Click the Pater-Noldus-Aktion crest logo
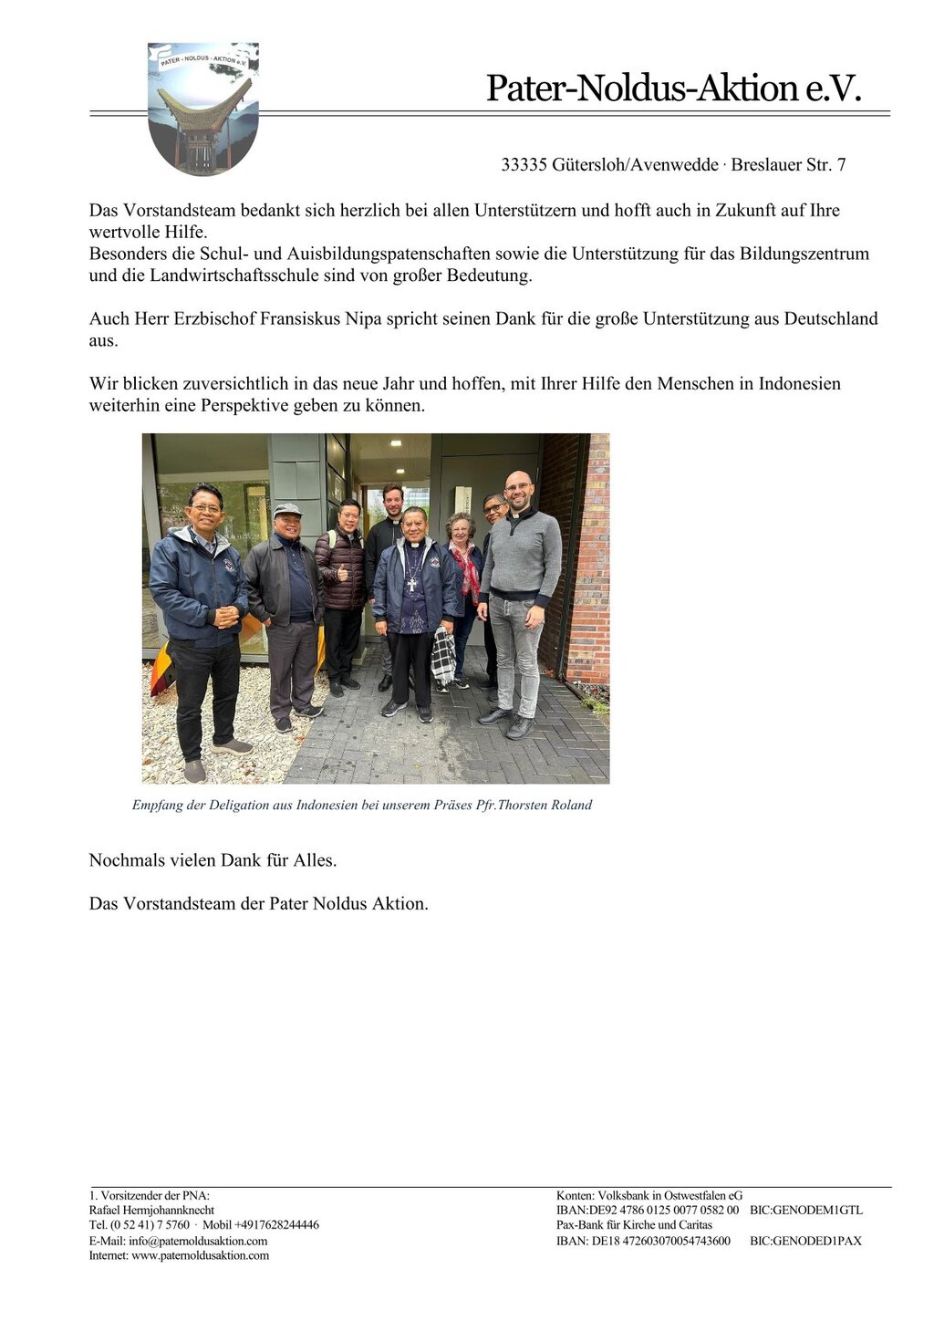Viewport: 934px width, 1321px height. tap(202, 108)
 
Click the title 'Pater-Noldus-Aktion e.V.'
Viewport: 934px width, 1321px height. tap(673, 88)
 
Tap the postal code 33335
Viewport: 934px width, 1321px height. tap(524, 165)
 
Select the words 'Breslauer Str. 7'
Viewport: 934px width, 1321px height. tap(788, 165)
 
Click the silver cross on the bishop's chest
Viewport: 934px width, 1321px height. tap(412, 584)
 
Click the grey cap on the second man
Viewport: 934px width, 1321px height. tap(287, 509)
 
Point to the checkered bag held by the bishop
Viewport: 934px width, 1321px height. tap(443, 656)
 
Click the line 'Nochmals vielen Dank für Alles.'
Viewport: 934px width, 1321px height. tap(213, 860)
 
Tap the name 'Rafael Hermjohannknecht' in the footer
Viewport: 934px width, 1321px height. tap(151, 1210)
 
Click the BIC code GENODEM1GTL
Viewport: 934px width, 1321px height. tap(805, 1211)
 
